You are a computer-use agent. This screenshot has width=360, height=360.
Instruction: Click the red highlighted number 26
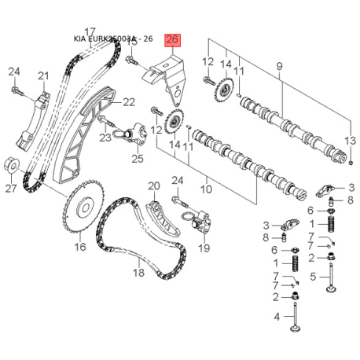[x=172, y=40]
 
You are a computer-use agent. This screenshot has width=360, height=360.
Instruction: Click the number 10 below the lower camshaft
[x=208, y=188]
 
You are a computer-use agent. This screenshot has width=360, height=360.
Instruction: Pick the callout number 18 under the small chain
[x=138, y=273]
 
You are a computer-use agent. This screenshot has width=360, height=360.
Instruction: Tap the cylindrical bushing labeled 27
[x=11, y=166]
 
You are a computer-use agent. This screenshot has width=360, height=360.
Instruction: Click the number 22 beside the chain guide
[x=128, y=101]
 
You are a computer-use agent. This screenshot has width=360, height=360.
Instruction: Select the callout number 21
[x=43, y=75]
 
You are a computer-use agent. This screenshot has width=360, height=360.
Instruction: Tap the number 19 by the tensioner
[x=204, y=248]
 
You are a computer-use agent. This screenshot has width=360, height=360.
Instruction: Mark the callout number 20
[x=154, y=186]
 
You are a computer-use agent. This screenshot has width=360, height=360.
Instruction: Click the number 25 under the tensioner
[x=138, y=160]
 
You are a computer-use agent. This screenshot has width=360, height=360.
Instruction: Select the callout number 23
[x=105, y=138]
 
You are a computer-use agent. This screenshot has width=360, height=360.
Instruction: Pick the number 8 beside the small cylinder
[x=266, y=237]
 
